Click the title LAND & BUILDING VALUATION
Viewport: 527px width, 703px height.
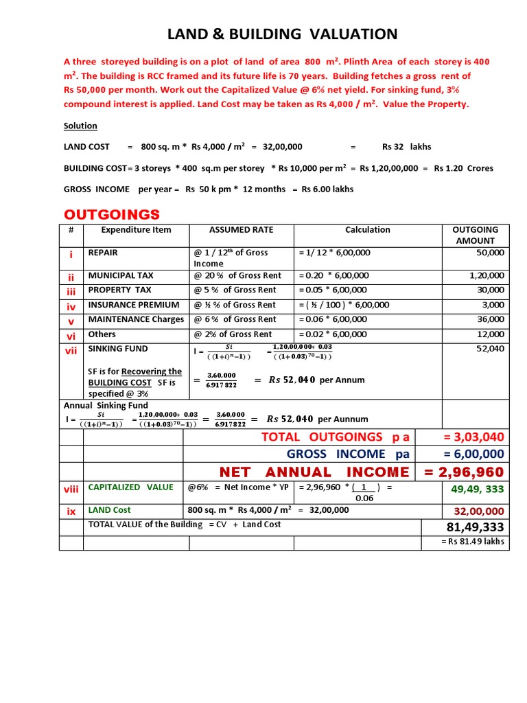click(x=283, y=34)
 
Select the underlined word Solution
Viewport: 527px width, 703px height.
click(x=80, y=126)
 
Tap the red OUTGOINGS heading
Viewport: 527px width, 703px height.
click(x=112, y=214)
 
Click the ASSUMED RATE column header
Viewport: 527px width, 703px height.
click(x=241, y=230)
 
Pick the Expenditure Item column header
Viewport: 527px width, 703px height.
click(x=136, y=230)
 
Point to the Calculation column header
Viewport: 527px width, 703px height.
click(x=367, y=230)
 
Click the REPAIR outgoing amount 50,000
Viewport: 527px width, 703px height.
click(x=490, y=253)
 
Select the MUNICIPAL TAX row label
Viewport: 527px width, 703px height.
click(x=121, y=275)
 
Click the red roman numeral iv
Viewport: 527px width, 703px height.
click(x=71, y=306)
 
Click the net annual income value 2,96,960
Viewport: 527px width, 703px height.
click(x=464, y=472)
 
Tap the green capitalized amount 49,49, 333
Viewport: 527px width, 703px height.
click(x=477, y=489)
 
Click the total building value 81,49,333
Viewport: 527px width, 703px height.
click(x=475, y=527)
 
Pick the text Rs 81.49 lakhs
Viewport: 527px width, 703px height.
click(x=473, y=542)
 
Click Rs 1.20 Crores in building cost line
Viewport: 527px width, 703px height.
click(x=463, y=168)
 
